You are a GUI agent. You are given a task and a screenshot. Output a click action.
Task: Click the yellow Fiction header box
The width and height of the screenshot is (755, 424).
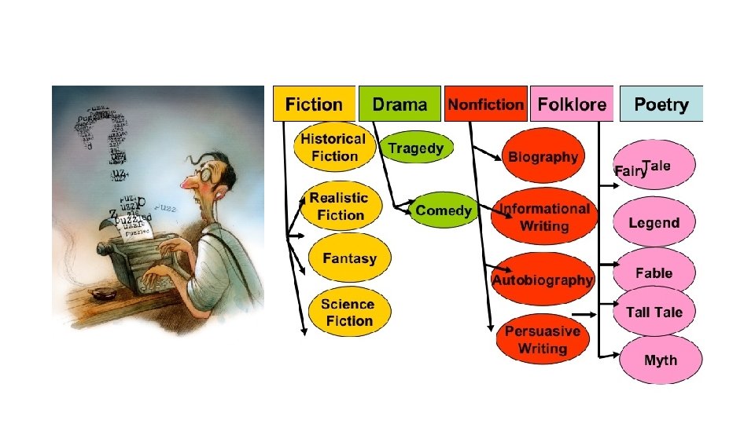(x=314, y=104)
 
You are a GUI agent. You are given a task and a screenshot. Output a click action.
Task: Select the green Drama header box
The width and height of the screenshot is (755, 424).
(x=400, y=104)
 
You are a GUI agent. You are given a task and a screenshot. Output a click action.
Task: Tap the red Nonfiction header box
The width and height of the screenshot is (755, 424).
(x=486, y=104)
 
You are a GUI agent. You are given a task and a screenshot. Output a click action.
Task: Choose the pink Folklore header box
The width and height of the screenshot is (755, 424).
(x=572, y=104)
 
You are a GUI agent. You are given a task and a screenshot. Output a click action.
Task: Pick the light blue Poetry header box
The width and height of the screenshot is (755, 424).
(x=661, y=104)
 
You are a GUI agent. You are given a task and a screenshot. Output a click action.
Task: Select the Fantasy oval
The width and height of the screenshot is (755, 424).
(x=349, y=258)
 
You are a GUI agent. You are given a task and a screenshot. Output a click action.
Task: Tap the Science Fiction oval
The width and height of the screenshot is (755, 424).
(x=347, y=312)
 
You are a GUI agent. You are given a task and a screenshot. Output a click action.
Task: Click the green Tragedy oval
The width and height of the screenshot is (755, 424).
(x=416, y=148)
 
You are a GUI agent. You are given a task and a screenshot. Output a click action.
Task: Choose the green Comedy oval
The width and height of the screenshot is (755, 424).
(x=443, y=210)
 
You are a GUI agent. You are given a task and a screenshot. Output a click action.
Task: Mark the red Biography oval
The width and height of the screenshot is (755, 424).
(x=543, y=156)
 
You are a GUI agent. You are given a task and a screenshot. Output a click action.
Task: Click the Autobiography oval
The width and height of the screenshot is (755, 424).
(x=543, y=280)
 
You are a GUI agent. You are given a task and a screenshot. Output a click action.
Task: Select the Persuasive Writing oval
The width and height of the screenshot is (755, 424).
(x=543, y=339)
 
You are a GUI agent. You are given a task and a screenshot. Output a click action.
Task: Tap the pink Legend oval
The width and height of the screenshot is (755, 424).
(x=654, y=223)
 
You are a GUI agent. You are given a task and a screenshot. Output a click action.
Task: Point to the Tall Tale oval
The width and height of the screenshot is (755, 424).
(x=654, y=312)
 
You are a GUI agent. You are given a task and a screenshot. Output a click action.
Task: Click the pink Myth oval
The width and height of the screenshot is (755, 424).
(x=660, y=360)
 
